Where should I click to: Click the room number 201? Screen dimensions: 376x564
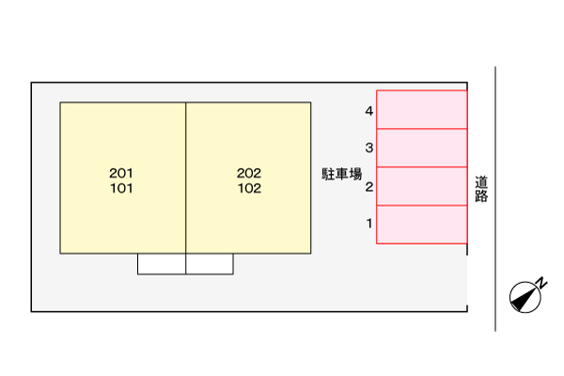pos(121,173)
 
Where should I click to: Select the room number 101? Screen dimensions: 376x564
pos(121,187)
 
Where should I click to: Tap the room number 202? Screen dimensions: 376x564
pos(249,173)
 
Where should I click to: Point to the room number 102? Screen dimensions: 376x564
pos(249,187)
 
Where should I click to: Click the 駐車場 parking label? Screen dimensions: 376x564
pos(342,174)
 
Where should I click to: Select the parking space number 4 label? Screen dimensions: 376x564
pos(369,111)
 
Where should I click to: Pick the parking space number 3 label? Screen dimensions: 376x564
pos(369,148)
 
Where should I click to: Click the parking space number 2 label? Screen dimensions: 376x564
pos(369,186)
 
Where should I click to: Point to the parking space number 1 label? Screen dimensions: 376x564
pos(369,224)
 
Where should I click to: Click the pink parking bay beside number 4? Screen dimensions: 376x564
pos(422,109)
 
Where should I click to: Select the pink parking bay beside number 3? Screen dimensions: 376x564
pos(422,148)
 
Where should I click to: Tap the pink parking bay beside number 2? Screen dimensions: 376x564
pos(422,186)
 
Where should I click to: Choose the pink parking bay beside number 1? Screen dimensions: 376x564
pos(422,225)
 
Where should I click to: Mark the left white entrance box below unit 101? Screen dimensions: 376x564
pos(162,264)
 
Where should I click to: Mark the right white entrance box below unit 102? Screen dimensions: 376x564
pos(210,264)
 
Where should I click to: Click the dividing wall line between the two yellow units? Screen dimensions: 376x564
pos(186,178)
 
